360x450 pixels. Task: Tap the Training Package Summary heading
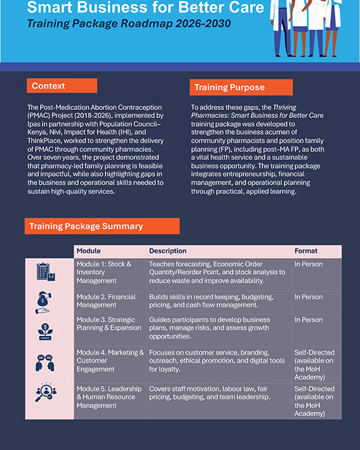point(101,226)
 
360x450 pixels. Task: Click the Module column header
point(89,251)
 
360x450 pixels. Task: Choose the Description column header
point(168,251)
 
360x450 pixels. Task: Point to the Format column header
point(306,251)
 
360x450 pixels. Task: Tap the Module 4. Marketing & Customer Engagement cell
point(110,361)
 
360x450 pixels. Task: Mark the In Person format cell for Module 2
point(308,297)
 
